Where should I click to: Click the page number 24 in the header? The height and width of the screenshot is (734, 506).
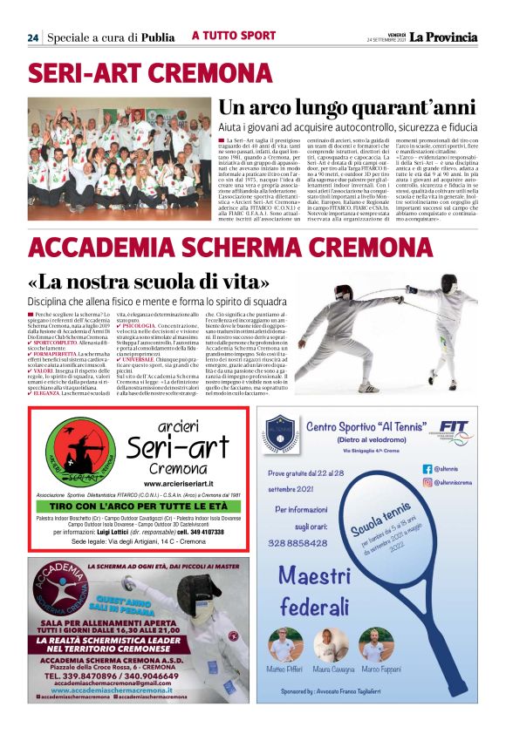(x=32, y=37)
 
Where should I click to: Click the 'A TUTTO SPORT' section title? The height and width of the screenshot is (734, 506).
(x=233, y=36)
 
